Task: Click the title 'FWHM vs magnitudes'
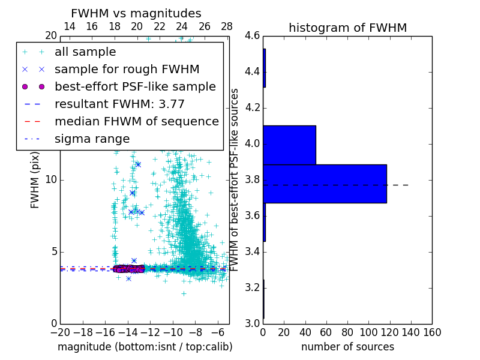tap(136, 13)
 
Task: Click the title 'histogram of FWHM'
tap(347, 28)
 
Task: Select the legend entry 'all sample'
tap(85, 52)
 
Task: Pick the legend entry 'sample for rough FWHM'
tap(127, 69)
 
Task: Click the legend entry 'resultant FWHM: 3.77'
tap(119, 104)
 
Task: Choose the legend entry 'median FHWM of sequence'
tap(136, 121)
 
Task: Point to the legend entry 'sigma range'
tap(92, 139)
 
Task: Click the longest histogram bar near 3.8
tap(325, 184)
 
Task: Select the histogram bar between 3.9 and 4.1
tap(289, 145)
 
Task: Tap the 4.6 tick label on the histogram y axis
tap(253, 37)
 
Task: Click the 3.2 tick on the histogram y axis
tap(253, 287)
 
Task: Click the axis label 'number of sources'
tap(347, 347)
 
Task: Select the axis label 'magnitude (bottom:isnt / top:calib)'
tap(145, 347)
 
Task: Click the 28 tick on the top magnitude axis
tap(227, 26)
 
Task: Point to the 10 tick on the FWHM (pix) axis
tap(52, 180)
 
